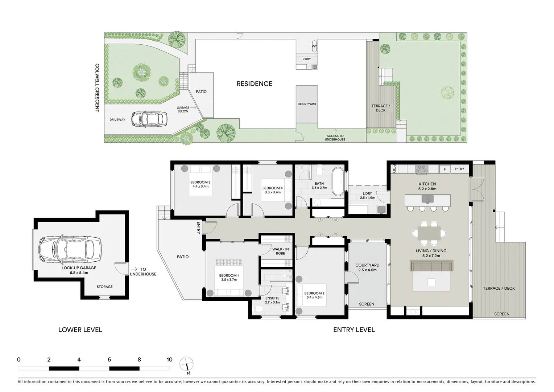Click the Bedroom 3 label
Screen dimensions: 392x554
[x=200, y=184]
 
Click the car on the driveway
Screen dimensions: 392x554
[x=149, y=119]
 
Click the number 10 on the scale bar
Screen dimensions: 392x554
[x=169, y=360]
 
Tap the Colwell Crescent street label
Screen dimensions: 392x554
[x=97, y=88]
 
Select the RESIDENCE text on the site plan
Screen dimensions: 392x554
[x=254, y=84]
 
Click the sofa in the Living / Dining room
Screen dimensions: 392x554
[x=431, y=266]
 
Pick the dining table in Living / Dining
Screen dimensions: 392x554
[x=429, y=233]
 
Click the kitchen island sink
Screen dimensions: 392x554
[x=427, y=199]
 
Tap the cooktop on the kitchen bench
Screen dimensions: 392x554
[x=421, y=169]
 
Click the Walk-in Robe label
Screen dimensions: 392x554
[x=280, y=251]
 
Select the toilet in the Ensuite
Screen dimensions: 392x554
[x=258, y=309]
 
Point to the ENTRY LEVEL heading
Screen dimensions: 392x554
[x=354, y=330]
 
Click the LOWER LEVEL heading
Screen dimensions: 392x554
[x=80, y=330]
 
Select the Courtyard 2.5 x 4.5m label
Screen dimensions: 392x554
[x=367, y=268]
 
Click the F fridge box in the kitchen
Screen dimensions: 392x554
[x=445, y=169]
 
